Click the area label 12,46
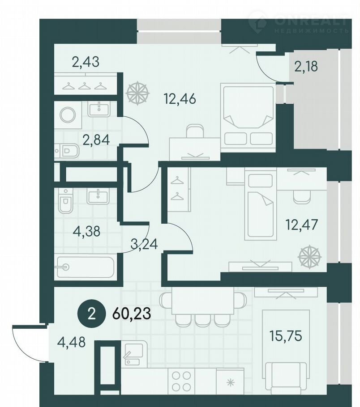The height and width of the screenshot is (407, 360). click(180, 99)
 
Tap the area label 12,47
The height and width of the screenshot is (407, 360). click(301, 225)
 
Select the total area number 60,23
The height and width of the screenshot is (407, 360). click(132, 314)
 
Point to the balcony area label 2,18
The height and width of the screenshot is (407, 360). click(306, 67)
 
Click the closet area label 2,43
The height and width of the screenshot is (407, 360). click(86, 62)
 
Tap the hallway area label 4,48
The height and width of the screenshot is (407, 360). click(71, 342)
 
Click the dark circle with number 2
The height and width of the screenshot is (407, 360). click(91, 314)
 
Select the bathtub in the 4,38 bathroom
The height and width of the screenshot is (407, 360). click(85, 267)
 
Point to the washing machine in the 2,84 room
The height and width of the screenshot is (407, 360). click(68, 114)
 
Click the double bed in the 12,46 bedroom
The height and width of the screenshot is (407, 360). click(247, 115)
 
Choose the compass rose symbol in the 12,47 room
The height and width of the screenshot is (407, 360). click(309, 257)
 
